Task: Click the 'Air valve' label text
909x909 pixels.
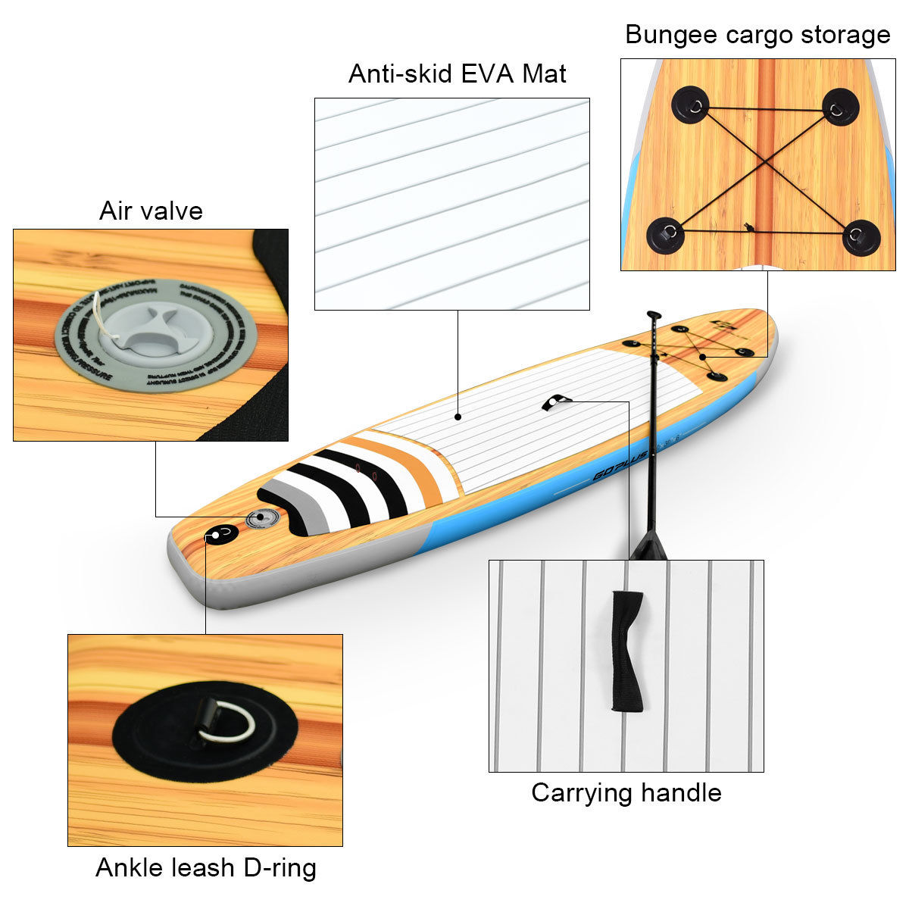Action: pos(151,211)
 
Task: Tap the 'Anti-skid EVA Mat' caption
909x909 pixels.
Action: pos(457,74)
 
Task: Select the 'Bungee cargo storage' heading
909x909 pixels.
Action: pos(757,35)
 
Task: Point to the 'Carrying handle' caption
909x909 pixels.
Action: pos(626,792)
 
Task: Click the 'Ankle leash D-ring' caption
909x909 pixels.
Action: pos(205,867)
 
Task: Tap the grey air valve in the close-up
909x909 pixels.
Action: pos(155,334)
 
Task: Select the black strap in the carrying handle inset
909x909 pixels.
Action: pos(627,651)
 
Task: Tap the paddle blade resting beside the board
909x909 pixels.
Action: pos(648,543)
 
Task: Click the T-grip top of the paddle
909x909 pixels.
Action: pos(653,314)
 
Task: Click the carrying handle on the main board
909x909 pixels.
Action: pos(554,401)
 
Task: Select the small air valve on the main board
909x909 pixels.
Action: pos(261,518)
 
